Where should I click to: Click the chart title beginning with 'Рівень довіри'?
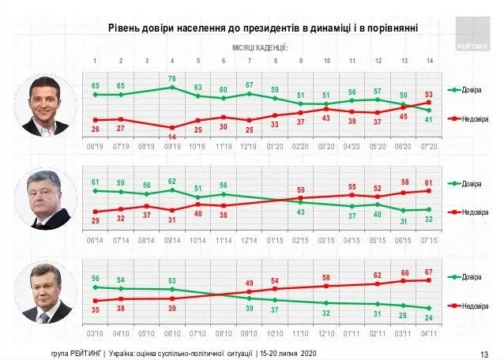[263, 29]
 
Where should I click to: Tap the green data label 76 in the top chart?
[172, 78]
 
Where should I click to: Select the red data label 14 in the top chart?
[172, 137]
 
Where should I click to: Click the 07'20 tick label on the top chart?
[430, 147]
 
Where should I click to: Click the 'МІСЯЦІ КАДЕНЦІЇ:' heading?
[260, 48]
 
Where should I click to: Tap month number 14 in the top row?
[430, 61]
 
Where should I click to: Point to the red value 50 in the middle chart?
[301, 189]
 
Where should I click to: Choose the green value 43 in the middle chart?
[301, 212]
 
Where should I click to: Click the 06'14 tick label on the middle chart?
[95, 239]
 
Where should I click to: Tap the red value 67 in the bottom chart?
[430, 272]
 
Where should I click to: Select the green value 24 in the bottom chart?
[430, 317]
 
